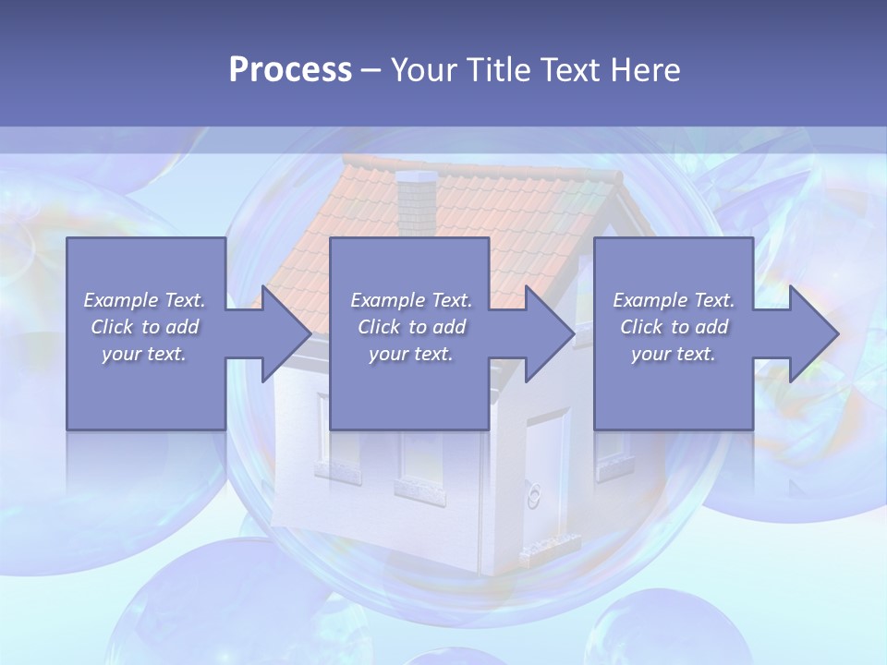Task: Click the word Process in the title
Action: pyautogui.click(x=290, y=70)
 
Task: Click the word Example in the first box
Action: pyautogui.click(x=121, y=300)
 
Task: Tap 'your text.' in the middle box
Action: pyautogui.click(x=410, y=354)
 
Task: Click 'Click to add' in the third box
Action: pyautogui.click(x=674, y=327)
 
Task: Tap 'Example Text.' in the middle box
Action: pyautogui.click(x=410, y=300)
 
